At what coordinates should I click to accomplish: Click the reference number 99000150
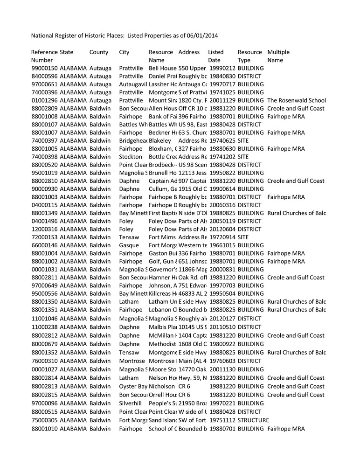click(x=45, y=68)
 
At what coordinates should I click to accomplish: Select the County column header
click(x=99, y=52)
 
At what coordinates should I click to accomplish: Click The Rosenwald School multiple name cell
click(x=297, y=100)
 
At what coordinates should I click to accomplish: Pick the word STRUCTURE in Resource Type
click(x=253, y=420)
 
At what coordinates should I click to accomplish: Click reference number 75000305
click(x=45, y=420)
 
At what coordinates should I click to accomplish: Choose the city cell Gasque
click(x=129, y=245)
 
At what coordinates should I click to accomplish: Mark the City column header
click(x=125, y=52)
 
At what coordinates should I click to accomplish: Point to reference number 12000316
click(x=45, y=229)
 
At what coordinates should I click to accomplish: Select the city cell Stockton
click(x=130, y=157)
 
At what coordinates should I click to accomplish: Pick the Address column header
click(x=189, y=52)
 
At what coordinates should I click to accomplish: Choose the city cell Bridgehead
click(x=133, y=140)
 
